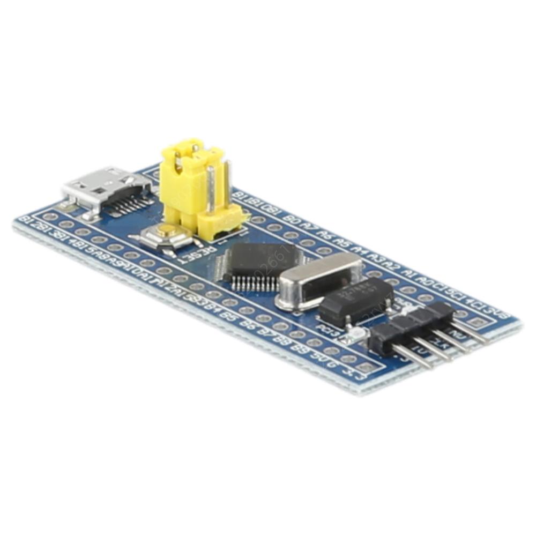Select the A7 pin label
[308, 226]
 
